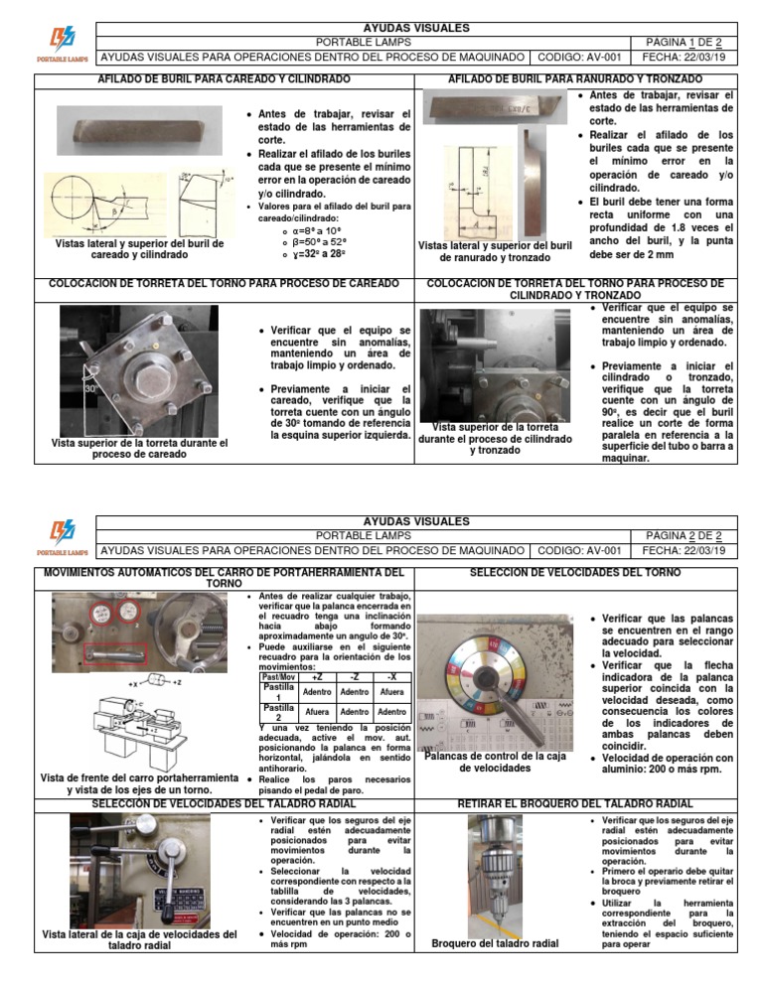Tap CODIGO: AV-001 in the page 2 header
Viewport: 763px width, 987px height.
click(x=578, y=550)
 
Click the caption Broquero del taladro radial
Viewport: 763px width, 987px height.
click(x=495, y=943)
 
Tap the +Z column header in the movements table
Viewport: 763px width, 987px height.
click(x=288, y=676)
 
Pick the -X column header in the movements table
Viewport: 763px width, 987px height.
click(x=391, y=676)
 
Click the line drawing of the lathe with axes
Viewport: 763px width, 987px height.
click(x=149, y=725)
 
